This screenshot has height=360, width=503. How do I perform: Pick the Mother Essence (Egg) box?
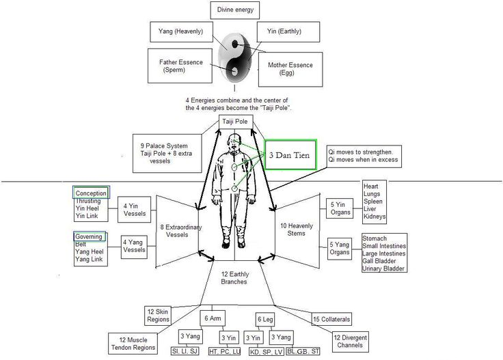[286, 69]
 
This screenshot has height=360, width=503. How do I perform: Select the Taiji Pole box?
[236, 122]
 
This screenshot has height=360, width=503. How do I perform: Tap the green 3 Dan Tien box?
[290, 156]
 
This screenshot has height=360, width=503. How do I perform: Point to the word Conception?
[91, 193]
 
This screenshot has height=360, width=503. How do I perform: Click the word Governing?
[90, 236]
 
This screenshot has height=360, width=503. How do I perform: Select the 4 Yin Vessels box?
[134, 208]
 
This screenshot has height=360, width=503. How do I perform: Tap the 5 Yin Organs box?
[340, 208]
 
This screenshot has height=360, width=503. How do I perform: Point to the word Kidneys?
[375, 217]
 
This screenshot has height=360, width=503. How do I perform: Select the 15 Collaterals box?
[331, 319]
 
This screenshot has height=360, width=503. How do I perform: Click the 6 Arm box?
[210, 319]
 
